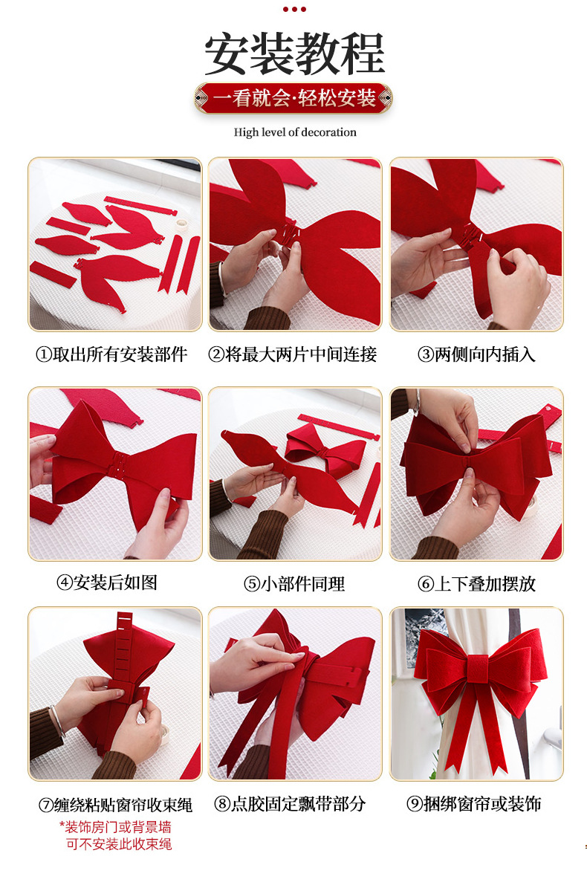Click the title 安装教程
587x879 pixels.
294,53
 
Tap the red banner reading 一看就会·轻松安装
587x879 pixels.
293,98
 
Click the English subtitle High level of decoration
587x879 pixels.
295,132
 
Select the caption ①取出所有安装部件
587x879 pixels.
111,354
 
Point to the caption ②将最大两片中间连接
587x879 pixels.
292,354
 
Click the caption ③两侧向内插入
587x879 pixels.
476,354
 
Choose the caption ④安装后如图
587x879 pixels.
106,583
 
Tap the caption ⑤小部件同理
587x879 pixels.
294,584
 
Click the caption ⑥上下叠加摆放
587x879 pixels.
476,584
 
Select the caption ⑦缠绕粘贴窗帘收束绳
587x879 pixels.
115,805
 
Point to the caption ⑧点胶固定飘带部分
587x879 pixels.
290,804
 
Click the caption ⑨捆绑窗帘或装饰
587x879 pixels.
474,804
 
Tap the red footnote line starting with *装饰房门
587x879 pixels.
115,827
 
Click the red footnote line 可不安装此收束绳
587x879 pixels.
119,844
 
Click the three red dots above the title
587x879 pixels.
294,9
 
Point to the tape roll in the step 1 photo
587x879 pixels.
181,224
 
